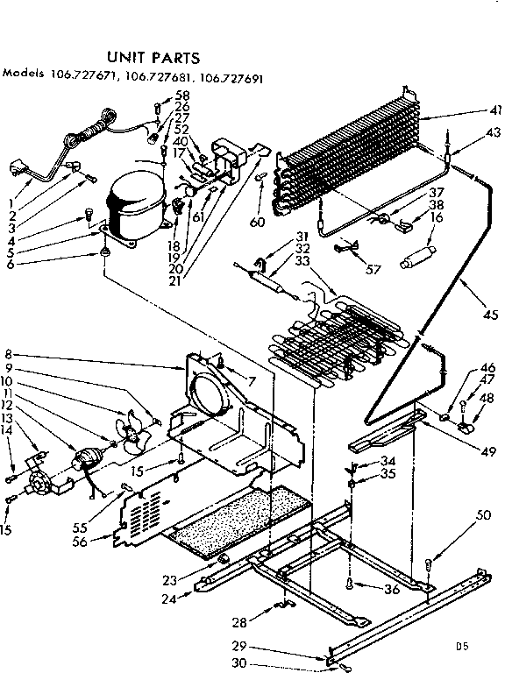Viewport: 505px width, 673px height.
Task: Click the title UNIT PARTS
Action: (153, 59)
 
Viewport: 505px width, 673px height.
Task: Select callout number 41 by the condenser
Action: (495, 110)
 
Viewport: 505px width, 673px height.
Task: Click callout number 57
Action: (374, 269)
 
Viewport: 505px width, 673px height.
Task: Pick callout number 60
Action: (257, 223)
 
